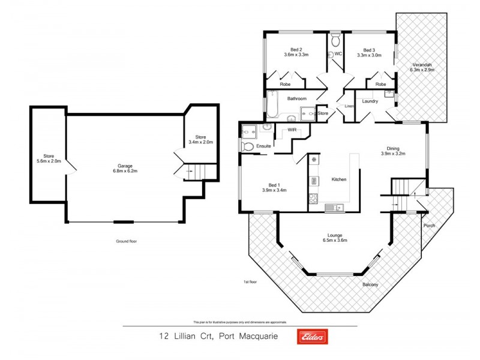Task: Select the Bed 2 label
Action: [296, 49]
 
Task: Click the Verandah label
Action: [422, 65]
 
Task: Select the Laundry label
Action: [370, 101]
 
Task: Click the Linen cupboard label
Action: [349, 107]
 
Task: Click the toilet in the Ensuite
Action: [247, 146]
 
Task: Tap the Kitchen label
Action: [339, 179]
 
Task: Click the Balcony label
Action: [370, 285]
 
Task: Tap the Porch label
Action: [429, 226]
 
